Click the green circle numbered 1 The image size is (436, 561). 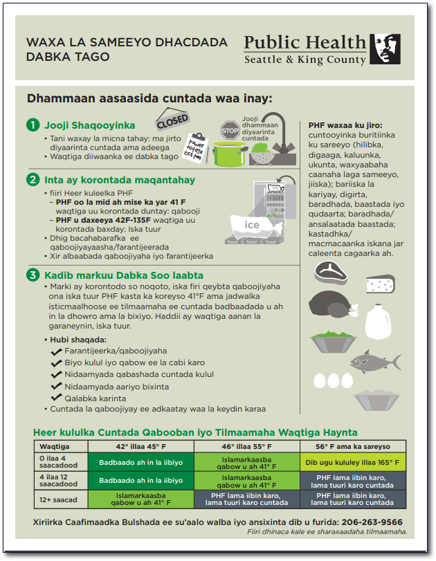[x=33, y=125]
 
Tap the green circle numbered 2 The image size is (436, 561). [x=33, y=180]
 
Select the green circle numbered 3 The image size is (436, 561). [x=33, y=275]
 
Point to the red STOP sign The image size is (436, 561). [x=230, y=129]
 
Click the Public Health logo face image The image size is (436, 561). [x=385, y=49]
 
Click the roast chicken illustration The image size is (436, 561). [x=327, y=305]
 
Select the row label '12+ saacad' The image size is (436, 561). [x=55, y=499]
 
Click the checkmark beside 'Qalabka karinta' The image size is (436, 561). [x=57, y=398]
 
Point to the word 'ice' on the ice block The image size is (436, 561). [x=252, y=225]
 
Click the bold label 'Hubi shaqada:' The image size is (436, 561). [x=78, y=340]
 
